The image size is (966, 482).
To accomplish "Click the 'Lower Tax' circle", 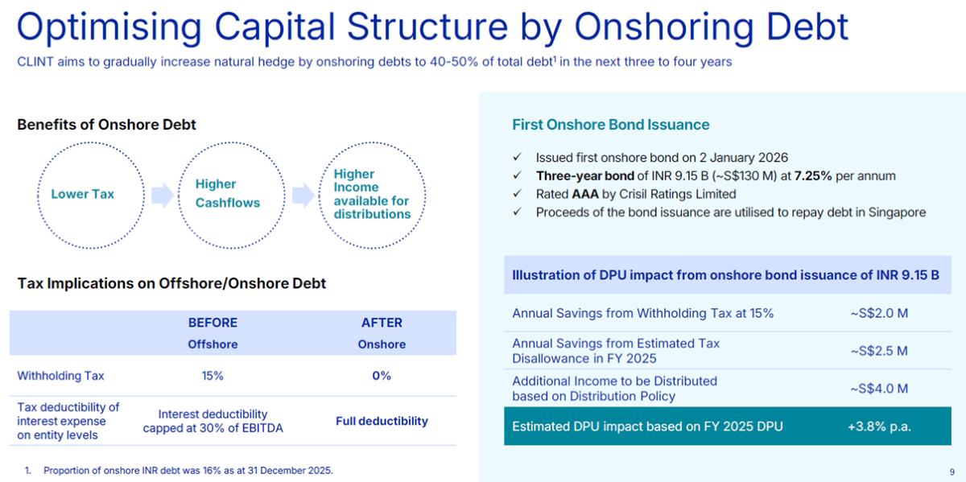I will [82, 195].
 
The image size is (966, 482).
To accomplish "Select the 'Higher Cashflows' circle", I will [228, 194].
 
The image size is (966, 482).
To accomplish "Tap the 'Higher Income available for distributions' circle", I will [371, 194].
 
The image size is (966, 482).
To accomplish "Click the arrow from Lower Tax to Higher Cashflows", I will [163, 195].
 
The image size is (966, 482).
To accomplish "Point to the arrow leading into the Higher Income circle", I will [303, 195].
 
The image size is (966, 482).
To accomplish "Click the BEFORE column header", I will [213, 323].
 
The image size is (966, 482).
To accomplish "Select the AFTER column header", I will [382, 323].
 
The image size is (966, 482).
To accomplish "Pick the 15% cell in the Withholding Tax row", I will [213, 376].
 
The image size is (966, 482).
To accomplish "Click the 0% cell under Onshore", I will [382, 376].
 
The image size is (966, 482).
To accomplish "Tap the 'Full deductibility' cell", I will [382, 421].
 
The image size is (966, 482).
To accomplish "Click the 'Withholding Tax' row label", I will [60, 376].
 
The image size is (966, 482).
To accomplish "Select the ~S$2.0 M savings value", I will [879, 313].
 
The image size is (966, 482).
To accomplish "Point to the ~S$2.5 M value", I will [879, 351].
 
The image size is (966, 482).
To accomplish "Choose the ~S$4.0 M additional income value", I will [879, 389].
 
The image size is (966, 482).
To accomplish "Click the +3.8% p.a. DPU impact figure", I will [879, 426].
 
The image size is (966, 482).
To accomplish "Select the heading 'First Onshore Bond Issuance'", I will [611, 125].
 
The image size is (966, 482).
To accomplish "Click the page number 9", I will [952, 472].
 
